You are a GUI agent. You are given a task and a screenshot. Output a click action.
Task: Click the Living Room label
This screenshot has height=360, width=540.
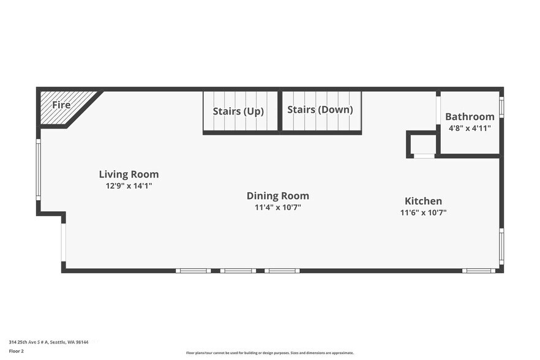tap(129, 174)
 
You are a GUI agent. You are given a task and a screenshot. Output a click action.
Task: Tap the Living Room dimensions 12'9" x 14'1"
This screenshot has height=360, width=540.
tap(129, 186)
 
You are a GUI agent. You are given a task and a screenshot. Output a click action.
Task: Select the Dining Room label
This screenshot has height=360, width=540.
tap(278, 196)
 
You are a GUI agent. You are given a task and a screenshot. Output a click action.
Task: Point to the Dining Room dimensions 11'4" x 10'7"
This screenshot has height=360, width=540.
tap(278, 208)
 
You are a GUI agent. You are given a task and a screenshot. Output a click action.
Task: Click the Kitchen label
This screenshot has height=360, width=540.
tap(423, 201)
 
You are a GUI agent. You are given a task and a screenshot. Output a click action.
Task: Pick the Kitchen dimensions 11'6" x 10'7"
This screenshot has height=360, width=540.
tap(423, 212)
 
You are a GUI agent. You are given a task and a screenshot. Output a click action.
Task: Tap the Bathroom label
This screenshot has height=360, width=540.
tap(470, 117)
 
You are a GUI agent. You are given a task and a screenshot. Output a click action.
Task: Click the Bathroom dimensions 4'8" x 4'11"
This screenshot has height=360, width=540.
tap(470, 129)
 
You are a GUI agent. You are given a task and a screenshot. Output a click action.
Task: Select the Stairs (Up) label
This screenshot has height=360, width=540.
tap(238, 111)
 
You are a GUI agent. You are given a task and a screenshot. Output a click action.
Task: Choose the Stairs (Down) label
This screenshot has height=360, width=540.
tap(320, 110)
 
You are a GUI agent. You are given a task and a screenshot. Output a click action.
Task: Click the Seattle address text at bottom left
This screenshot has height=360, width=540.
tap(48, 342)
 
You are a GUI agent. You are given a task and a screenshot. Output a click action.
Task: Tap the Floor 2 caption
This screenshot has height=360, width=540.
tap(16, 351)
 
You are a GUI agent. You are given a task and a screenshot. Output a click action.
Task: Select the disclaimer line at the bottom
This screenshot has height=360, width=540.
tap(270, 353)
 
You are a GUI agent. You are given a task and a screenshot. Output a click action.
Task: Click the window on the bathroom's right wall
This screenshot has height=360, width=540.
tap(502, 107)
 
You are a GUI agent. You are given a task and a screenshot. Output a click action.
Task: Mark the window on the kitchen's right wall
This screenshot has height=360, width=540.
tap(502, 247)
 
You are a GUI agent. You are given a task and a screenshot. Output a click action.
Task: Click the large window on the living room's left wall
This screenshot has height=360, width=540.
tap(39, 169)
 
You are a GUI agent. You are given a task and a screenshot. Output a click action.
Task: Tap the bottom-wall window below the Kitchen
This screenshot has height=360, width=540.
tap(479, 271)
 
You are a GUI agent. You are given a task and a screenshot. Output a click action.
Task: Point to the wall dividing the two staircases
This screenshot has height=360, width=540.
tap(280, 111)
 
